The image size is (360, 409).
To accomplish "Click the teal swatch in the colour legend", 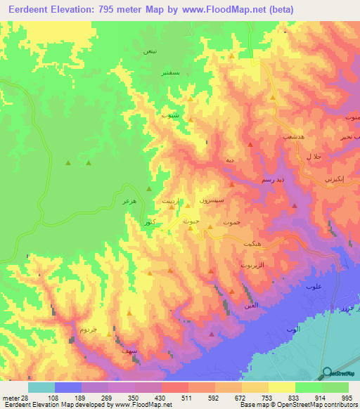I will coord(41,387).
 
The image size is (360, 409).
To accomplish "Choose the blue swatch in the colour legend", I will coord(68,387).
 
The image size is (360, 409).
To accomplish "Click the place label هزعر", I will coord(127,202).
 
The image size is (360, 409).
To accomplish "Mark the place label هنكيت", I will coord(255,243).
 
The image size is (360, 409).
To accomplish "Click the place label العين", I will coord(251,304).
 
